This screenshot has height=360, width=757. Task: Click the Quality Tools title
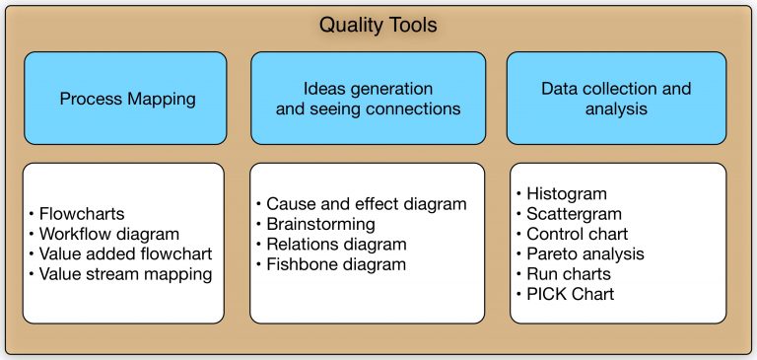coord(378,24)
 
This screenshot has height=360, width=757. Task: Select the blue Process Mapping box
coord(127,99)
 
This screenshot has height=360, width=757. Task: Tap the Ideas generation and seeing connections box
coord(367,99)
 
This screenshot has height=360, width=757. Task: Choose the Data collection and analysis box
coord(616,99)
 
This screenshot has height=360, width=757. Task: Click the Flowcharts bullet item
coord(80,213)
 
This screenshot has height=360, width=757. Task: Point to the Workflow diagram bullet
coord(108,234)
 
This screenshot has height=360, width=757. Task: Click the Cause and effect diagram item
coord(366,204)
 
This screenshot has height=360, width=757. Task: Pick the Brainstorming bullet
coord(320,224)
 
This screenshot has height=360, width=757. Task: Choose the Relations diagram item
coord(335,244)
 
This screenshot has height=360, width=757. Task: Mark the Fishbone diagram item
coord(335,264)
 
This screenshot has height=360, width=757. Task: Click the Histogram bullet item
coord(566,193)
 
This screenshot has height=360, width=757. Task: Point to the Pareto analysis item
coord(585,254)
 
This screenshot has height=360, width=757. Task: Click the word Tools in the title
coord(411,24)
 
